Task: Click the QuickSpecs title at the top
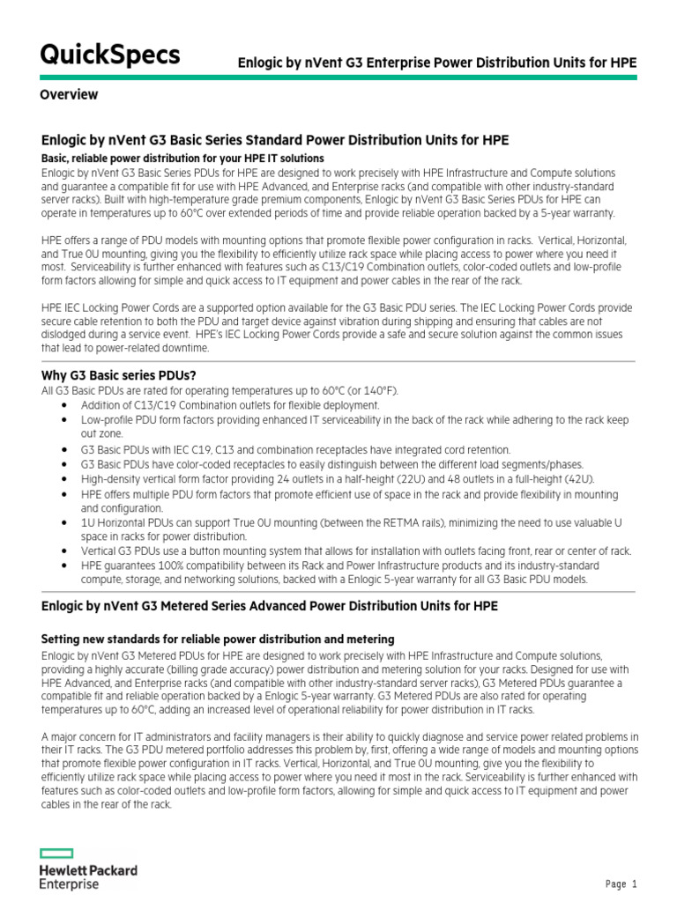pos(110,55)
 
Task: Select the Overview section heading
pos(70,95)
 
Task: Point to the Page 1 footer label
pos(621,884)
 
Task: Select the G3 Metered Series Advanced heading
pos(270,607)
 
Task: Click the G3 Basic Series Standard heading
pos(275,141)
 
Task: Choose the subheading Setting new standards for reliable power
pos(218,639)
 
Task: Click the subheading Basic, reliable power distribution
pos(183,158)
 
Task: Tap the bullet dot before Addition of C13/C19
pos(66,404)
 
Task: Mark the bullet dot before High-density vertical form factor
pos(66,479)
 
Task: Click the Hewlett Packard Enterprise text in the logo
pos(88,876)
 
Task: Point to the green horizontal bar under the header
pos(338,78)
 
